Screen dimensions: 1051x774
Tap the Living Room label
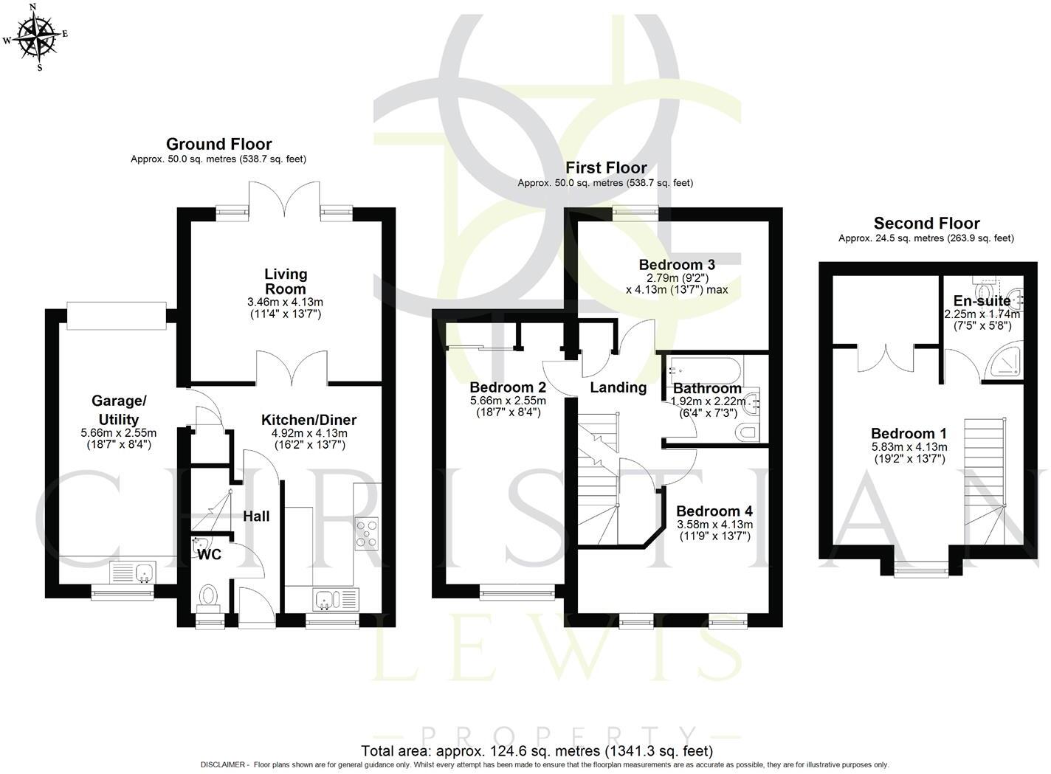tap(286, 281)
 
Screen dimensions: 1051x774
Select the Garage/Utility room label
tap(119, 410)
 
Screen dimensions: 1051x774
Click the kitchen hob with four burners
tap(366, 533)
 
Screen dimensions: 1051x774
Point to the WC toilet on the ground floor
tap(208, 601)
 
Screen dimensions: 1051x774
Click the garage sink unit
tap(134, 573)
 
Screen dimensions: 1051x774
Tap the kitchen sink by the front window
tap(336, 600)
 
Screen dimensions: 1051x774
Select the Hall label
tap(256, 516)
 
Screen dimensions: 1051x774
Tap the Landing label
tap(618, 387)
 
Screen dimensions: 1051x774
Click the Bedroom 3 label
tap(677, 265)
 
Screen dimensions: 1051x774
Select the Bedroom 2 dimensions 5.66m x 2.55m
tap(508, 401)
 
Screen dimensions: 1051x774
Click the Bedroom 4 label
tap(714, 511)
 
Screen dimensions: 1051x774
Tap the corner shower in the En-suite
tap(1004, 364)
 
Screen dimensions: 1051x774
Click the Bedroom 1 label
tap(909, 433)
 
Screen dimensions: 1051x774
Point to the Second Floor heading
tap(927, 223)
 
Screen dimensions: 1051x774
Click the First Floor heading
tap(606, 167)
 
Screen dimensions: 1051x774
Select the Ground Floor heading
tap(218, 144)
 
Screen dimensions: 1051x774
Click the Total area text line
tap(537, 751)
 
